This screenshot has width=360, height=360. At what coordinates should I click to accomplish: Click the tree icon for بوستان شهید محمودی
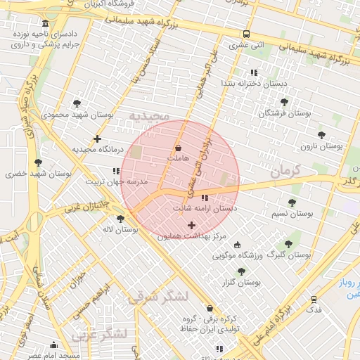pyautogui.click(x=77, y=103)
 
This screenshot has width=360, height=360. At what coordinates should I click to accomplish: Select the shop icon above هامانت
pyautogui.click(x=177, y=148)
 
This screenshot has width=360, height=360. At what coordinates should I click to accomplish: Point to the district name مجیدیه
pyautogui.click(x=147, y=115)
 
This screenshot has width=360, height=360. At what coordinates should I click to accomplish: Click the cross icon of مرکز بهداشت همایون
pyautogui.click(x=191, y=225)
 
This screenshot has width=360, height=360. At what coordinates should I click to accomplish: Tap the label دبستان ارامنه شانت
pyautogui.click(x=205, y=209)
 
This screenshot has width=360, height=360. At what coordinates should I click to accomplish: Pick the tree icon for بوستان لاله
pyautogui.click(x=121, y=219)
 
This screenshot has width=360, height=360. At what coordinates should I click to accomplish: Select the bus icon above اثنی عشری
pyautogui.click(x=246, y=34)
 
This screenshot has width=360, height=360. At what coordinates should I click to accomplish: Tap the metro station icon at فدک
pyautogui.click(x=314, y=299)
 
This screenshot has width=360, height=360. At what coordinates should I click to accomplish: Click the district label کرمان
pyautogui.click(x=285, y=170)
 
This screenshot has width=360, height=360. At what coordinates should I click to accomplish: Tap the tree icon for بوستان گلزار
pyautogui.click(x=241, y=271)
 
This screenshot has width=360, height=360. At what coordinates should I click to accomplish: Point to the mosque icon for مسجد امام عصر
pyautogui.click(x=53, y=345)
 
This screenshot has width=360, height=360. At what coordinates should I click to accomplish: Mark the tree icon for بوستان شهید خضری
pyautogui.click(x=38, y=162)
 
